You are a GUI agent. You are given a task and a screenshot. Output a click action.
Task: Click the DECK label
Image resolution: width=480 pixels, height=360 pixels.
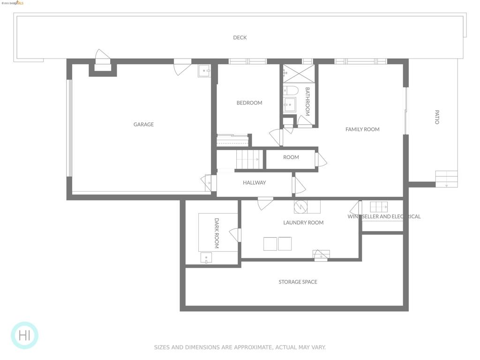point(240,37)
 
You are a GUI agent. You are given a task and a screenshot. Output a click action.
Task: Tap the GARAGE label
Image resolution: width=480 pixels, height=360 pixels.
point(143,124)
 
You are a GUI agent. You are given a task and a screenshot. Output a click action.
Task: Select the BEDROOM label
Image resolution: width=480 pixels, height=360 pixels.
point(249,103)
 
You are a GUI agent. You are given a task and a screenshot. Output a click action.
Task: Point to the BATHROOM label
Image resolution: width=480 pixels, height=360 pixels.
point(307,101)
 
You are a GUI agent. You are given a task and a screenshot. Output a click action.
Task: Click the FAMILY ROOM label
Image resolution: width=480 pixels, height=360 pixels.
point(362,129)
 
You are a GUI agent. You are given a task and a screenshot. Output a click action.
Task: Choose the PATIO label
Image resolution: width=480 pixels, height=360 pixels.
point(437,117)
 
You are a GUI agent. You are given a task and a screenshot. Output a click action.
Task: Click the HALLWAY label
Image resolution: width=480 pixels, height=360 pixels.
point(254,182)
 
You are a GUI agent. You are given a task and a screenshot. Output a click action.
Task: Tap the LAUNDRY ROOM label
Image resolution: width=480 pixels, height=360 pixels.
point(303,223)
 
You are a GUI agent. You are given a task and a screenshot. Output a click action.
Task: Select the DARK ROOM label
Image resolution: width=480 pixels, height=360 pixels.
point(217,233)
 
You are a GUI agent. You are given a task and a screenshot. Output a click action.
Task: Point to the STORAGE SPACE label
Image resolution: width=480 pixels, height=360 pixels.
point(298,282)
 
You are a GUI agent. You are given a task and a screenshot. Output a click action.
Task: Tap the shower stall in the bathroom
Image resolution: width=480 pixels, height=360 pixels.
point(299,74)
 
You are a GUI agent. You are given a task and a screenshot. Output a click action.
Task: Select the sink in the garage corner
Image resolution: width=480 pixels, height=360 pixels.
point(204,71)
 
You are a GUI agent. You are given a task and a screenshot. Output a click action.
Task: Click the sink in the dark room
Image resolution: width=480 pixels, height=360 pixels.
point(206,258)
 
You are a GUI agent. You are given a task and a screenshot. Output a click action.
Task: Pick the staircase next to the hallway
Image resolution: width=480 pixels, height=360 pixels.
point(247,159)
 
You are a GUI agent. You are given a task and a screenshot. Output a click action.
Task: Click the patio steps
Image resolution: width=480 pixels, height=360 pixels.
point(446,179)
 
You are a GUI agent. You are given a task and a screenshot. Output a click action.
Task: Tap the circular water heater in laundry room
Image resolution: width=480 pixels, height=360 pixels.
point(300,207)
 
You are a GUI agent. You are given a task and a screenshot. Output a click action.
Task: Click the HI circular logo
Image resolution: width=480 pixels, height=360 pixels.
point(24,335)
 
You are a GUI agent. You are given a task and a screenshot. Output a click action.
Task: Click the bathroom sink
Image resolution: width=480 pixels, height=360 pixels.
point(290,105)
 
